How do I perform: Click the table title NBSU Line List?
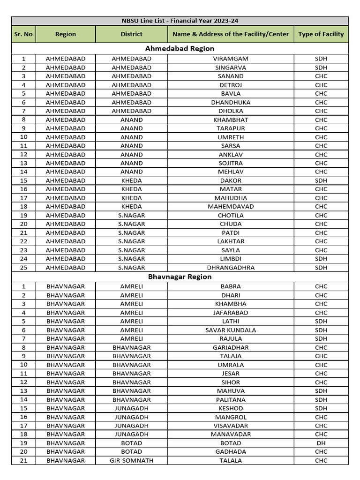tap(180, 21)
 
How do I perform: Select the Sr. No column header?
tap(23, 34)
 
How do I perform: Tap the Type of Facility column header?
tap(321, 34)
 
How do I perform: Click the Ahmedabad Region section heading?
tap(180, 49)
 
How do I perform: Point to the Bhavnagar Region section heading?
tap(180, 277)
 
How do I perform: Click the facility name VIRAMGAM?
tap(231, 59)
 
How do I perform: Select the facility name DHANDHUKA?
tap(231, 102)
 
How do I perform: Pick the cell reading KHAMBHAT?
tap(231, 120)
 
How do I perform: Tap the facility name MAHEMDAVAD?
tap(231, 207)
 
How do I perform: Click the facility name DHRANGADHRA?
tap(231, 268)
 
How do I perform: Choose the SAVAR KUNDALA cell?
tap(231, 330)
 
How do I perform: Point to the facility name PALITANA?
tap(231, 400)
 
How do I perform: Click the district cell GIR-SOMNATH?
tap(132, 460)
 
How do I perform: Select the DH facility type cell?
tap(321, 443)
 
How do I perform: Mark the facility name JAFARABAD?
tap(231, 313)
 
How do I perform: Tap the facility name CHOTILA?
tap(231, 216)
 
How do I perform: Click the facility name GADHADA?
tap(231, 452)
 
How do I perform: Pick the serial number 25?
tap(23, 268)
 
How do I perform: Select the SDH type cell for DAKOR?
tap(321, 180)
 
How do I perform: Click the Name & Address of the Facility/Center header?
tap(231, 34)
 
